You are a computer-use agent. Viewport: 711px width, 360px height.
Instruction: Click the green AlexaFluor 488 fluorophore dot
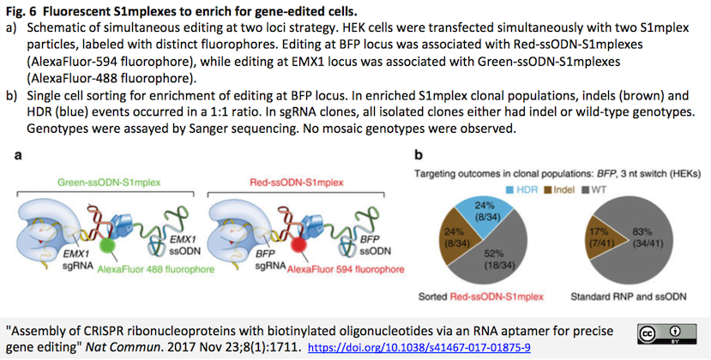click(107, 245)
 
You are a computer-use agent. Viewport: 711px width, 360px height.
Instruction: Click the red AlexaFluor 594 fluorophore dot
click(298, 245)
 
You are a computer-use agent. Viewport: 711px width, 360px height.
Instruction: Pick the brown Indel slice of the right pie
click(599, 237)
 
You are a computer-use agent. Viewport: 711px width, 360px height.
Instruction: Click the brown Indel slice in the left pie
click(458, 238)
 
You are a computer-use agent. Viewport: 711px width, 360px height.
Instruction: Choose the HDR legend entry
click(521, 189)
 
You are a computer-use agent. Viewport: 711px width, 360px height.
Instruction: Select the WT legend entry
click(594, 189)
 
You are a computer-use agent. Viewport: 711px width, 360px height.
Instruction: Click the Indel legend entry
click(559, 189)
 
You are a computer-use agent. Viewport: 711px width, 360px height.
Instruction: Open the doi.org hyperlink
click(419, 348)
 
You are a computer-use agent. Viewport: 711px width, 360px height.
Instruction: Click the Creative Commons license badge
click(666, 333)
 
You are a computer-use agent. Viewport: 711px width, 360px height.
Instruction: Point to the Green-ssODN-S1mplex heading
click(109, 183)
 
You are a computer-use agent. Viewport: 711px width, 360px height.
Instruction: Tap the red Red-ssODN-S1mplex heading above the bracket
click(297, 183)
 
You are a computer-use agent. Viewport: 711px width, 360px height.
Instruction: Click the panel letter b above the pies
click(418, 155)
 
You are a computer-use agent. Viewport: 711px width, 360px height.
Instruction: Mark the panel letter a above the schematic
click(18, 155)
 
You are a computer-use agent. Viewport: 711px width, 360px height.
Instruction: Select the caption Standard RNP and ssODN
click(629, 297)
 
